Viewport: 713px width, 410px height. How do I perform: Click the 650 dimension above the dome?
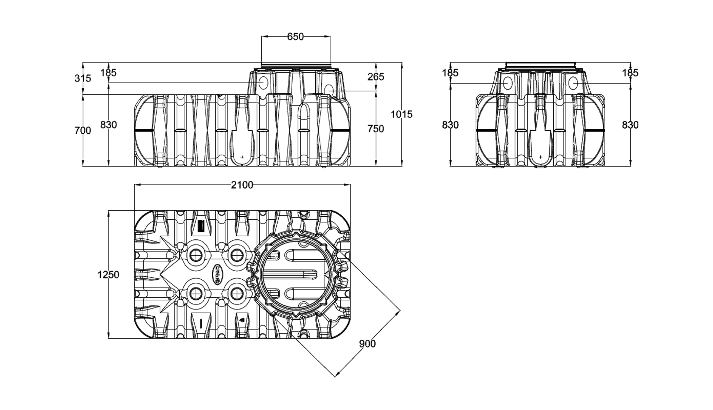pos(295,37)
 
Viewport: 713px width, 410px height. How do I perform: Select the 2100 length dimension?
pos(242,185)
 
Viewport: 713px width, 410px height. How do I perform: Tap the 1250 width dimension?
pos(108,274)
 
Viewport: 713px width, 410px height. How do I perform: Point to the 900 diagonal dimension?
pos(367,344)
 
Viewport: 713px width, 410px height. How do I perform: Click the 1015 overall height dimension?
pos(401,114)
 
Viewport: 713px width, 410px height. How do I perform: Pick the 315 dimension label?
pos(83,78)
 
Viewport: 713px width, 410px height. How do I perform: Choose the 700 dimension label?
pos(83,130)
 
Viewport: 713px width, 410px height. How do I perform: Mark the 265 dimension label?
pos(376,77)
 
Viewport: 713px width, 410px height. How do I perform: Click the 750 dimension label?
pos(376,129)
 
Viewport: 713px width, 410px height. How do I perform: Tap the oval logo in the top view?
pos(217,274)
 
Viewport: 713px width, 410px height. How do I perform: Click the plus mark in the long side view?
pos(242,157)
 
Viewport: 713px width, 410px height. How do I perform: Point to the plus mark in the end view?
pos(541,157)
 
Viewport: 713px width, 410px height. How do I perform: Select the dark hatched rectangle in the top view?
pos(201,226)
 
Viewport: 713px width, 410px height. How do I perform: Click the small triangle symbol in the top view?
pos(242,320)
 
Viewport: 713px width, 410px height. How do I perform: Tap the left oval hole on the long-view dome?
pos(263,83)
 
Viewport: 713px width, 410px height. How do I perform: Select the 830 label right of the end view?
pos(630,125)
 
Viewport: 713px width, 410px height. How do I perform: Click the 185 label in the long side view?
pos(109,73)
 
